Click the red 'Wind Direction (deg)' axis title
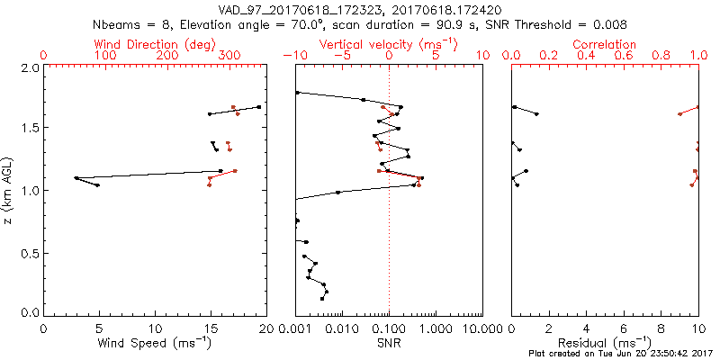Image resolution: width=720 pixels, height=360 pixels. [x=155, y=44]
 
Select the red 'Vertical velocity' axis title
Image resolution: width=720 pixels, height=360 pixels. [x=388, y=44]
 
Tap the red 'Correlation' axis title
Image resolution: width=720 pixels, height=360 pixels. [x=605, y=44]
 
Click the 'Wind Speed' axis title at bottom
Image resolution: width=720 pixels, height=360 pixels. [x=155, y=343]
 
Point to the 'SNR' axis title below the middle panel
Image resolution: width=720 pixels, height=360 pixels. [x=388, y=343]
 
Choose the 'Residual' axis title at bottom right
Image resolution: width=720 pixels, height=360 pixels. [x=605, y=343]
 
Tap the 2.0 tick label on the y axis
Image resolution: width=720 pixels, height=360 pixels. [x=30, y=68]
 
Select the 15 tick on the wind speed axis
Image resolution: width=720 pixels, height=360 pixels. [x=211, y=330]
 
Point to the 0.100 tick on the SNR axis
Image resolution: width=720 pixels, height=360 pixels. [x=388, y=330]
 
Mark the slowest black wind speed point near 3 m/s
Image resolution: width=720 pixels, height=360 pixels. [x=76, y=177]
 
